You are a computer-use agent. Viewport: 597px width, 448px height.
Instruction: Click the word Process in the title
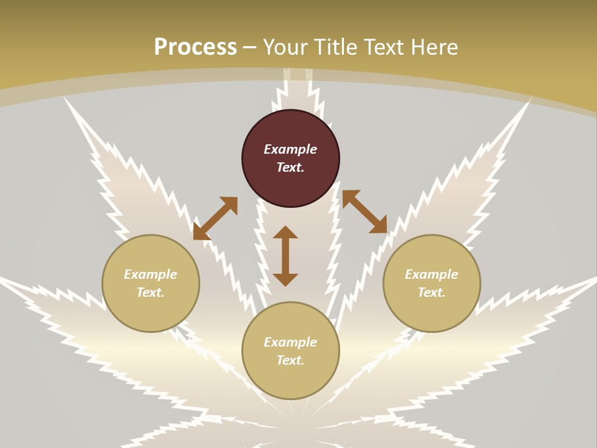click(195, 47)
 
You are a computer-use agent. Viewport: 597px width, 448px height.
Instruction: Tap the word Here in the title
click(435, 47)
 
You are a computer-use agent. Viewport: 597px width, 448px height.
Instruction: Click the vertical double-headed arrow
click(285, 256)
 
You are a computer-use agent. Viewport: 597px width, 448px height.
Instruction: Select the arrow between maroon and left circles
click(215, 218)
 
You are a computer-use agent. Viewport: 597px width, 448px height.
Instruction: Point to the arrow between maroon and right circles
click(364, 212)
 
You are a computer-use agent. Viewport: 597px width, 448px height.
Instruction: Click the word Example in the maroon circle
click(290, 149)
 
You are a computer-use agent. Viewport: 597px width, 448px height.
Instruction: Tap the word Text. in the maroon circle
click(290, 167)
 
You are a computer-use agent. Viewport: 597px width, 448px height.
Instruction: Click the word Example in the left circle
click(150, 274)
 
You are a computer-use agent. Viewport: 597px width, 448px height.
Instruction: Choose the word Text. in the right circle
click(432, 292)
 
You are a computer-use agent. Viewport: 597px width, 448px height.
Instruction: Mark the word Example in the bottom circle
click(290, 342)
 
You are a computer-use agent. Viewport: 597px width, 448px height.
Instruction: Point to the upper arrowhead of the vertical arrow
click(285, 233)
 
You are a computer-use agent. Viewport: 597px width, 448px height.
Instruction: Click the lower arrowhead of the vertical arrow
click(285, 279)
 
